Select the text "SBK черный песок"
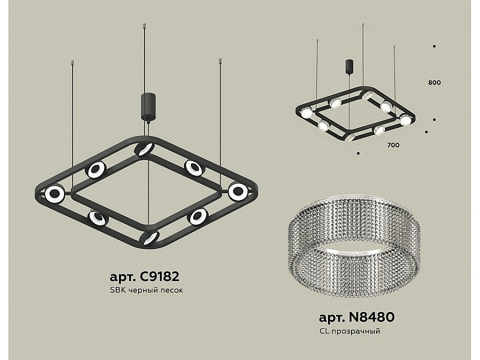point(146,290)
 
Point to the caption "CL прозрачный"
point(349,331)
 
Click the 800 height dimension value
point(434,83)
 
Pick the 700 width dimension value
point(393,145)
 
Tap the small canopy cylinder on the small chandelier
point(349,67)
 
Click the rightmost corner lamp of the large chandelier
point(238,191)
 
